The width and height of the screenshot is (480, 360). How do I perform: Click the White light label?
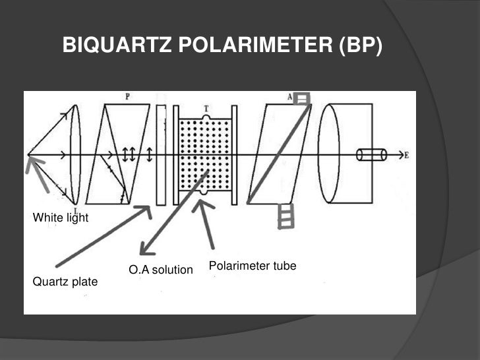pos(60,218)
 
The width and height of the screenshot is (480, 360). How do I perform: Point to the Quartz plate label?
pos(65,282)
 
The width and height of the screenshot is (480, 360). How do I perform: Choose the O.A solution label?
pos(161,270)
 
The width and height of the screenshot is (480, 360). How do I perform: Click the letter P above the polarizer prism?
pos(126,97)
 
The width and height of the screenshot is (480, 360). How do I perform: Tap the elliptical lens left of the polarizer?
pos(75,154)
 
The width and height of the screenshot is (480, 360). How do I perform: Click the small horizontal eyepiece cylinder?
pos(372,155)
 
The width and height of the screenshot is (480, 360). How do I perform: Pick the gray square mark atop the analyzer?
pos(302,99)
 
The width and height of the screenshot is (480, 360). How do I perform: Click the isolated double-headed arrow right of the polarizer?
pos(150,154)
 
